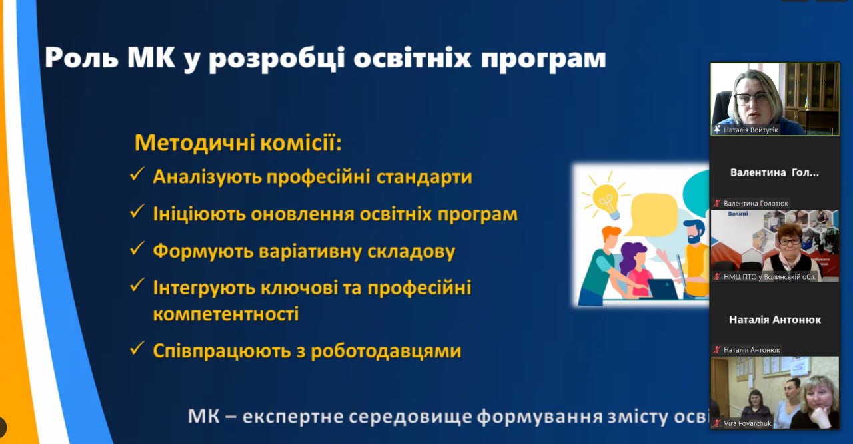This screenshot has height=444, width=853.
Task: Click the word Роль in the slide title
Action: click(81, 58)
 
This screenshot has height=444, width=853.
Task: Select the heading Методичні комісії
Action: click(238, 142)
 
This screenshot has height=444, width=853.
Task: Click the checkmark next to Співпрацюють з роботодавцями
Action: click(137, 348)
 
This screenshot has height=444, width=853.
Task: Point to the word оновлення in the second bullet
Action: click(303, 214)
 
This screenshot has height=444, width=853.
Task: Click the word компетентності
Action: click(226, 314)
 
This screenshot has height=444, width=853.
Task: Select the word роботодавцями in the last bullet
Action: click(386, 351)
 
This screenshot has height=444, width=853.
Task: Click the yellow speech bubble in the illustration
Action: click(651, 213)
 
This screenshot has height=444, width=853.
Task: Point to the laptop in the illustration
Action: click(663, 289)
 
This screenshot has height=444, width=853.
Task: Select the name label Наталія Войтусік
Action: click(751, 130)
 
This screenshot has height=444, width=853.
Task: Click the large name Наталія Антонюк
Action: click(775, 320)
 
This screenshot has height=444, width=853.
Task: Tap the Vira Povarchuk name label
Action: click(748, 423)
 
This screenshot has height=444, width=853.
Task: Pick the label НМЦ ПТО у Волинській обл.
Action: click(770, 277)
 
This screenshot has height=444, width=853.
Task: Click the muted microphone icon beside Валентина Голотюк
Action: click(718, 204)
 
